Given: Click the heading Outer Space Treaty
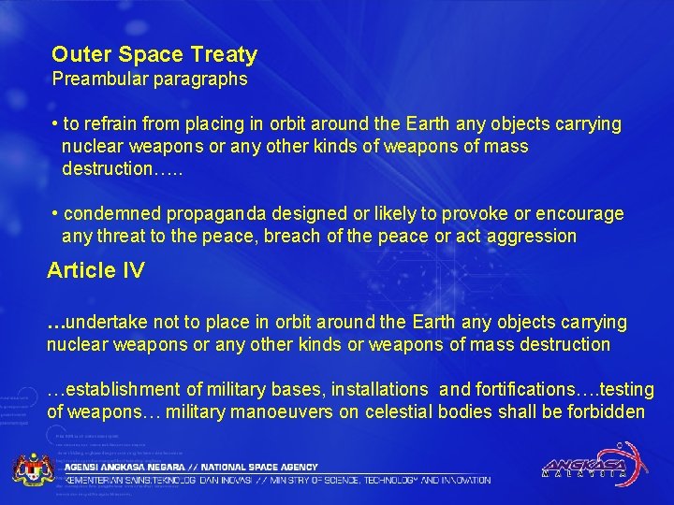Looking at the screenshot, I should (154, 55).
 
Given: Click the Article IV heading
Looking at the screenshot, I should (96, 271).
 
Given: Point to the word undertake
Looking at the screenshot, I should (110, 322).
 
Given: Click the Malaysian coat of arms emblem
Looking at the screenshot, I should (33, 468).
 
